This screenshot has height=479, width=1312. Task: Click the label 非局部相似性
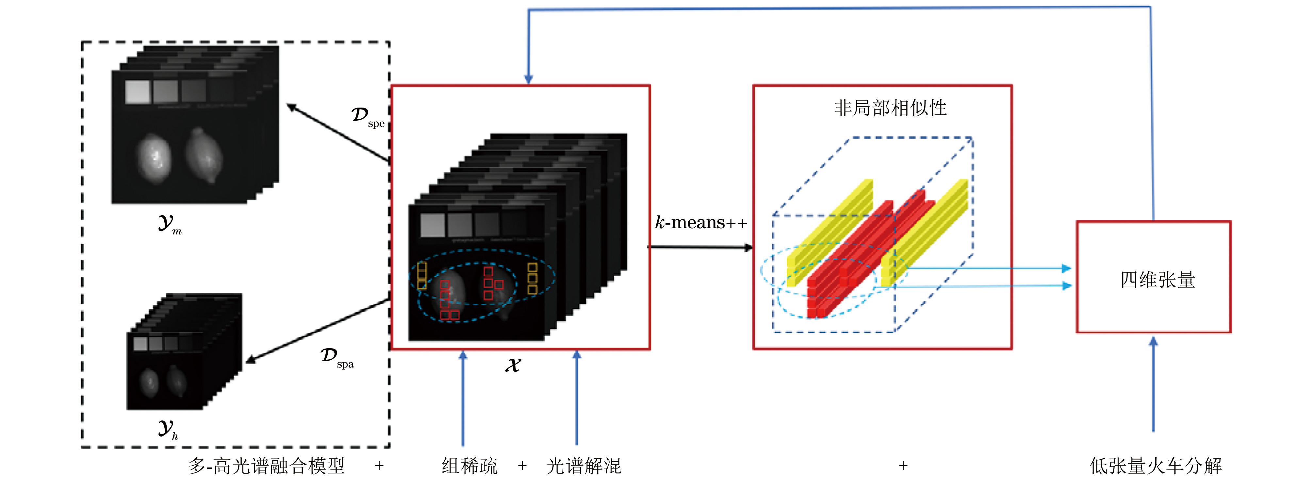coord(890,108)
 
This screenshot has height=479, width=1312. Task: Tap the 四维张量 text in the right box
coord(1157,280)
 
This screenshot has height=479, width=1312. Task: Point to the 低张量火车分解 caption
coord(1155,465)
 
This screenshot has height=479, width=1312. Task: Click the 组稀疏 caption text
coord(469,466)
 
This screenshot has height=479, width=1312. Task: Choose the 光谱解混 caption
coord(584,466)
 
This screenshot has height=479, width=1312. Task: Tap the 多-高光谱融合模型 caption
coord(266,466)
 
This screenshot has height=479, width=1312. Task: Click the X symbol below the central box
coord(513,365)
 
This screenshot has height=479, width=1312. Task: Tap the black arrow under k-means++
coord(700,248)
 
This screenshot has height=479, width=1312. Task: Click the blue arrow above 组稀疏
coord(463,398)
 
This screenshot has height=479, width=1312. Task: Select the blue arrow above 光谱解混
coord(577,398)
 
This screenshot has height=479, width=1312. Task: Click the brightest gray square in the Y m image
coord(138,92)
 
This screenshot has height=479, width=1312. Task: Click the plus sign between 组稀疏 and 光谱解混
coord(522,466)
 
